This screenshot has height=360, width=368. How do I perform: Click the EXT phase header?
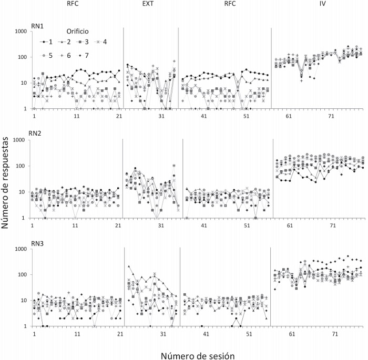149,5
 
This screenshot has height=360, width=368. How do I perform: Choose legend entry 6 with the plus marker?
69,55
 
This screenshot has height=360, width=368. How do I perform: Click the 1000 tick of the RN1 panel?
20,32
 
